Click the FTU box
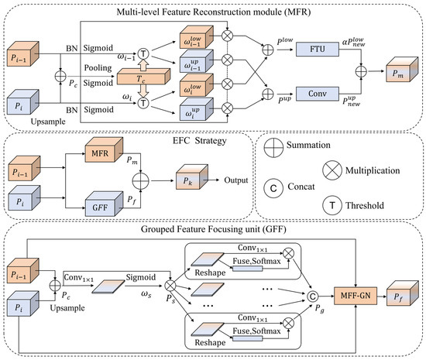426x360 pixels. click(318, 49)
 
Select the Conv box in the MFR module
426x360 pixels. click(318, 94)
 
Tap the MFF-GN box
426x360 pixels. click(356, 296)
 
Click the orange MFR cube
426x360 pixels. click(104, 150)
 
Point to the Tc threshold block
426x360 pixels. click(143, 77)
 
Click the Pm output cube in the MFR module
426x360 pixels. click(402, 70)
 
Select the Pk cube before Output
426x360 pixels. click(192, 177)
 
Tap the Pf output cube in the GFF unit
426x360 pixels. click(402, 293)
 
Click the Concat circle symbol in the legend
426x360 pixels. click(273, 188)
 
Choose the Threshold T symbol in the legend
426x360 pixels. click(332, 205)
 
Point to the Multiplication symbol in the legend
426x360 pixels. click(332, 170)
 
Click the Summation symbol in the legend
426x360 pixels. click(273, 147)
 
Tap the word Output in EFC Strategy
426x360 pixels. click(235, 180)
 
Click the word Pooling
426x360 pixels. click(98, 67)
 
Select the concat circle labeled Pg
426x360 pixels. click(312, 297)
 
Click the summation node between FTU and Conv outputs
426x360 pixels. click(361, 72)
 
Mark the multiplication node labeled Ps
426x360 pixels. click(170, 286)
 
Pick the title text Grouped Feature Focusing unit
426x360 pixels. click(201, 229)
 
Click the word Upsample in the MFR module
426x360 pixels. click(48, 122)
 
